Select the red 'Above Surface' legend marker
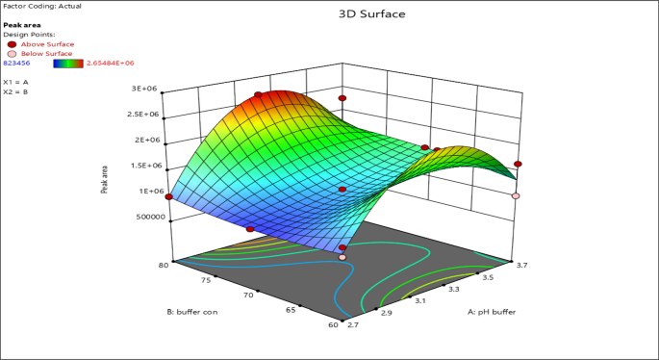(12, 44)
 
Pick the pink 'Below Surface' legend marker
(12, 54)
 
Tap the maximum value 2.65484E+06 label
(110, 63)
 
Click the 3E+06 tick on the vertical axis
(144, 89)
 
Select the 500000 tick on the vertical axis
(140, 217)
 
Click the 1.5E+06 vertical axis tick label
(142, 166)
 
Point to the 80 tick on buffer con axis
(165, 264)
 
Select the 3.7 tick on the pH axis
(520, 264)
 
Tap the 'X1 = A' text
(13, 83)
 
